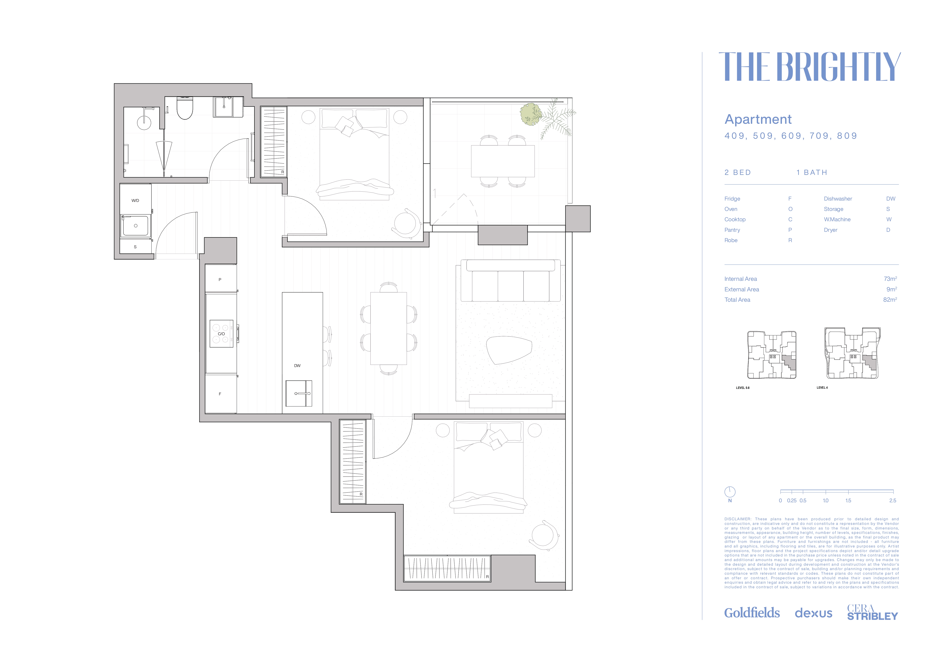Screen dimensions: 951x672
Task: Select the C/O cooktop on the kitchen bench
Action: pos(221,334)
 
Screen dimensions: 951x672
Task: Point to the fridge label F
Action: pos(220,394)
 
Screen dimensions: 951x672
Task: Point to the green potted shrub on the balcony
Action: pos(531,114)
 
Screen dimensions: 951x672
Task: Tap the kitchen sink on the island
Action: pos(299,393)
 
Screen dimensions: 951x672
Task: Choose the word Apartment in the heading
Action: pos(758,120)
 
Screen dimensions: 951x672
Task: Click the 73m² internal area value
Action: pos(890,279)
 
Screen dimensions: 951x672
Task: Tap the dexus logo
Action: pos(814,613)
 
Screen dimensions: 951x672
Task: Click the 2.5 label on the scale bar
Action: pos(893,501)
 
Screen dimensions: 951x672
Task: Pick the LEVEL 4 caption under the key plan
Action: pos(822,388)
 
